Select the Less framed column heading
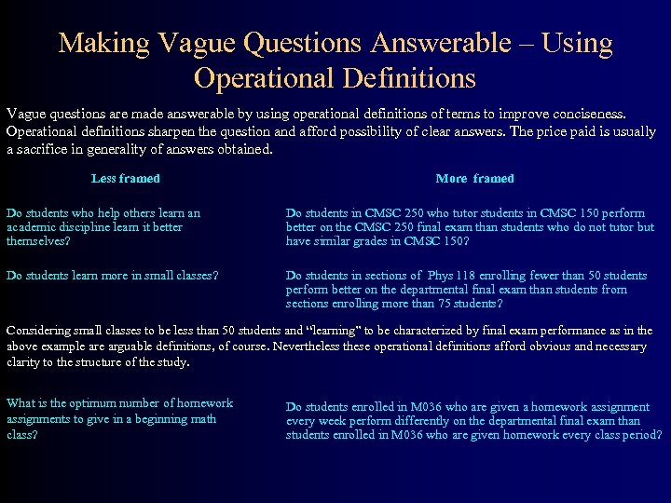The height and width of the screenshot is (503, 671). coord(126,178)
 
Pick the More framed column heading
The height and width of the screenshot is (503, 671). coord(474,178)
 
